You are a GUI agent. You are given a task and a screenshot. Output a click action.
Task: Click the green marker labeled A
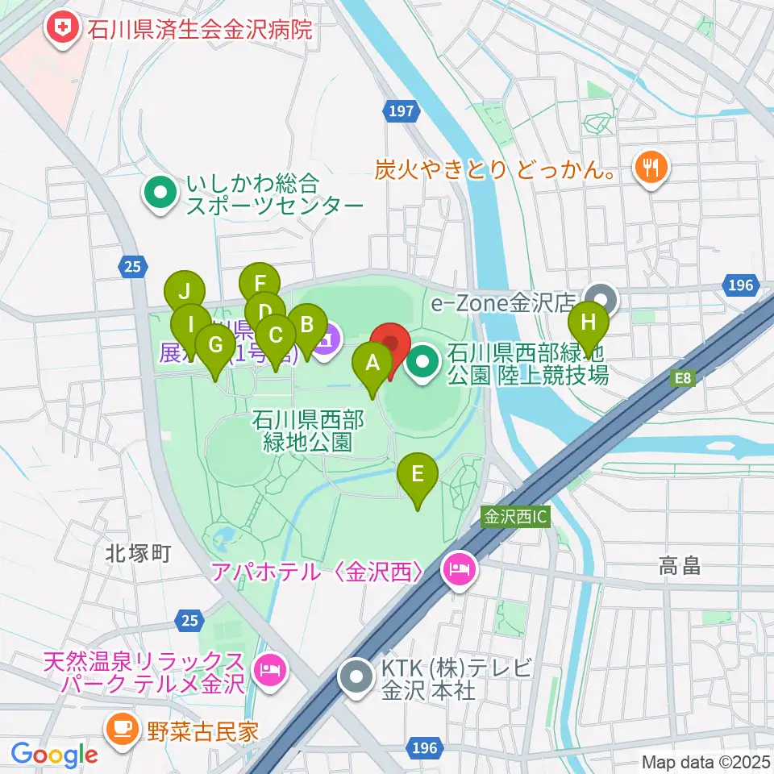(x=372, y=364)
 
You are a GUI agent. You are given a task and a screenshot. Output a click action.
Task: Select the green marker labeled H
(x=589, y=325)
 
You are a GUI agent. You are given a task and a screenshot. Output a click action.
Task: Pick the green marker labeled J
(x=185, y=292)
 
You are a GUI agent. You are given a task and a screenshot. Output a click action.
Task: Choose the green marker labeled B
(x=306, y=327)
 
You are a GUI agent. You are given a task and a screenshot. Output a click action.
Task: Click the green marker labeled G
(x=215, y=346)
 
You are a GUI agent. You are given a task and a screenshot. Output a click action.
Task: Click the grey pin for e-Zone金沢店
(x=600, y=301)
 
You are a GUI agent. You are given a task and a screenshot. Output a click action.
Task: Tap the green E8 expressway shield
(x=683, y=378)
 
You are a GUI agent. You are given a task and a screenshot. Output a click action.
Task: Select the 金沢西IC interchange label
(x=516, y=517)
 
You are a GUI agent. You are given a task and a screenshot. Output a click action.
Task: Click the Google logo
(x=54, y=755)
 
